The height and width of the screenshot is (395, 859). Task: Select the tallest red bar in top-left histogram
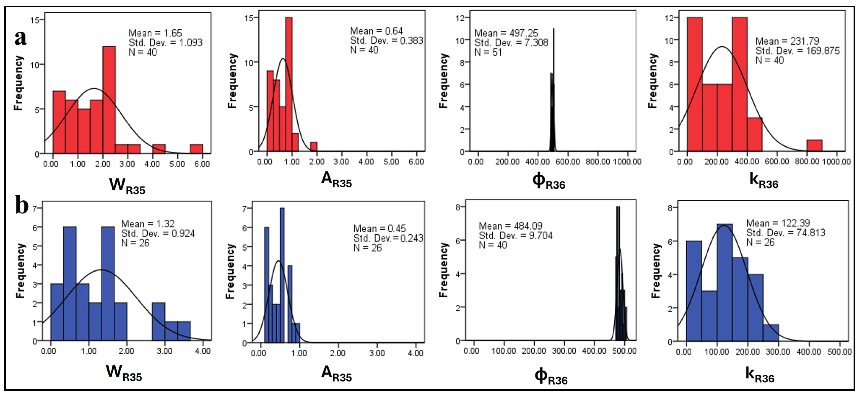(109, 100)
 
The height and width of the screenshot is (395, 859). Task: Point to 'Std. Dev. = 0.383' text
(386, 41)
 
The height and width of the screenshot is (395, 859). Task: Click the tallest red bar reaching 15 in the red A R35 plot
(289, 83)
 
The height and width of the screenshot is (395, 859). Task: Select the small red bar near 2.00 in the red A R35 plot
(314, 147)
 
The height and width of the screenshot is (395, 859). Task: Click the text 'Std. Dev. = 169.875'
(797, 51)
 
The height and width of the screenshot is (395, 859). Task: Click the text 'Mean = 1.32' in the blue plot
(148, 224)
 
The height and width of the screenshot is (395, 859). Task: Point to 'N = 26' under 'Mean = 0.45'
(367, 248)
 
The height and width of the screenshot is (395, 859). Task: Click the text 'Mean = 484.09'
(510, 226)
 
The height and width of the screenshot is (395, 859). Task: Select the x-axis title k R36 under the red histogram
(763, 181)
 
